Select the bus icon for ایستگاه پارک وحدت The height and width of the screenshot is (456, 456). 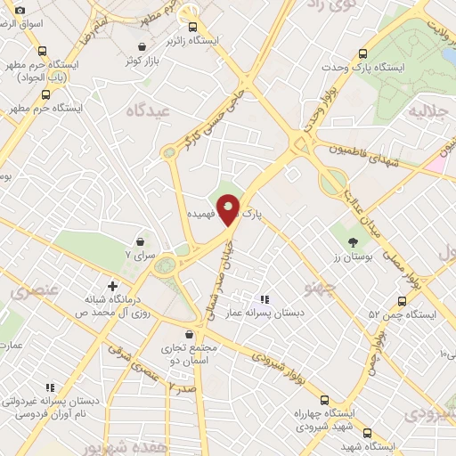(362, 53)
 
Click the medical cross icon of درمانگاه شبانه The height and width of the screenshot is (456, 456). (111, 287)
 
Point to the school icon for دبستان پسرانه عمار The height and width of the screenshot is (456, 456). (264, 299)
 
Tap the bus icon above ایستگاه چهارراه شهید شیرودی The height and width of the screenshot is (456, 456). (323, 400)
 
